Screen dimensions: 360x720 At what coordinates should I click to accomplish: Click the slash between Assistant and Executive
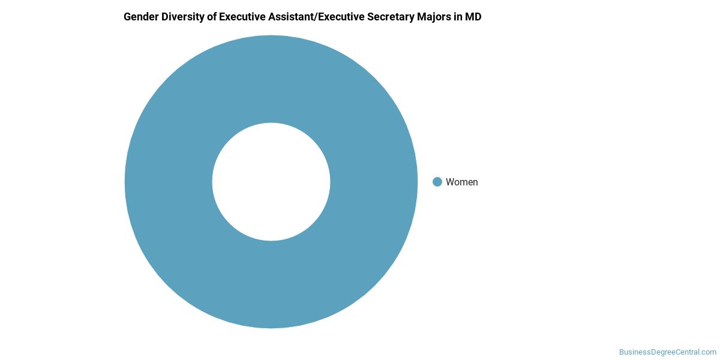click(316, 17)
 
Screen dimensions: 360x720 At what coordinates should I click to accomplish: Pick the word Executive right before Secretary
click(341, 17)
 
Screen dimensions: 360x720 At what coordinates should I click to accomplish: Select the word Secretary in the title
click(391, 17)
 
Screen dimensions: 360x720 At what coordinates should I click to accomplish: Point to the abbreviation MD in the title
click(473, 17)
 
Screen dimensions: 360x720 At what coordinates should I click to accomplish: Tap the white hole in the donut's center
click(271, 182)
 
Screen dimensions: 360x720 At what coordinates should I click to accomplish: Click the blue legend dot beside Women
click(437, 182)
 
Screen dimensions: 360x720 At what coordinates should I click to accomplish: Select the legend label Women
click(461, 182)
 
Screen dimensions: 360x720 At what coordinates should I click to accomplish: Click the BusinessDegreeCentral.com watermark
click(668, 352)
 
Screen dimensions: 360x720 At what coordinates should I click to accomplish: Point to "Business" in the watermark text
click(634, 352)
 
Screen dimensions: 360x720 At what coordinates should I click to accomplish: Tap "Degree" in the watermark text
click(661, 352)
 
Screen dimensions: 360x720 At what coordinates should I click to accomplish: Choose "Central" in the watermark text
click(687, 352)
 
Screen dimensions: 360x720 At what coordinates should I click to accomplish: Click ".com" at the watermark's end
click(709, 352)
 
